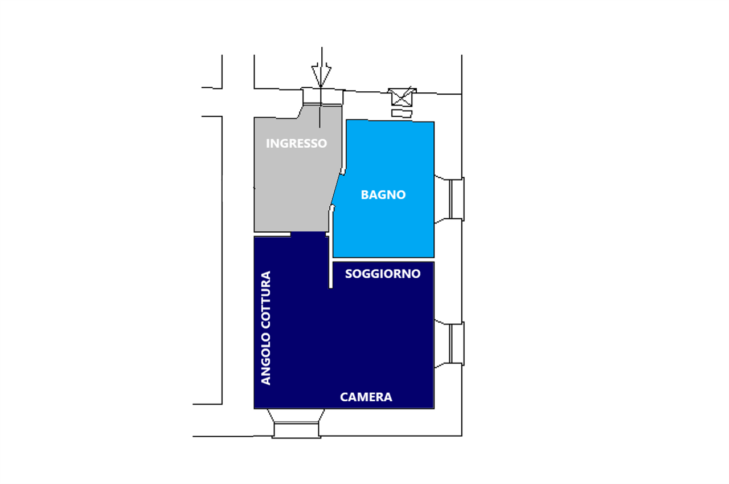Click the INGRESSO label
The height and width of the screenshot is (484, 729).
point(296,143)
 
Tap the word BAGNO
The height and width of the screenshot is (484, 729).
point(383,195)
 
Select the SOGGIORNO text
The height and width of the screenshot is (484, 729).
point(383,274)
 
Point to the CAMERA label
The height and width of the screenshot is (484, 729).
point(366,397)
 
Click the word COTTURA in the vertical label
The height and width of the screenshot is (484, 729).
point(265,300)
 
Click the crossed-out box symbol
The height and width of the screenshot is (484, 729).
point(402,96)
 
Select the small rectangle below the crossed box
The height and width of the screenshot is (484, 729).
point(402,113)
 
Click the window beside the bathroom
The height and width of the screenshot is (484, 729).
point(456,198)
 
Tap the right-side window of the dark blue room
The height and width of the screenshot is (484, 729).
point(456,343)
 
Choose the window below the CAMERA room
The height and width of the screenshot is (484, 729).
point(297,429)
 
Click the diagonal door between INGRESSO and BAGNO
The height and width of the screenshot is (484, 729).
point(337,189)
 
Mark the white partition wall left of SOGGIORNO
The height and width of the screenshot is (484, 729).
point(330,268)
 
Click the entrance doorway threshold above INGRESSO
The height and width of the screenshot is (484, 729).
point(322,96)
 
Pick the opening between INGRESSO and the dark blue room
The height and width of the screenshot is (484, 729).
point(308,234)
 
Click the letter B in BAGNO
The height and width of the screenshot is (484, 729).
point(364,195)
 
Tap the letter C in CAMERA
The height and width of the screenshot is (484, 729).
point(344,397)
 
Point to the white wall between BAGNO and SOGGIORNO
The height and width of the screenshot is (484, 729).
point(383,259)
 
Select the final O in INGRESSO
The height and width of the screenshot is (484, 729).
point(323,143)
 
